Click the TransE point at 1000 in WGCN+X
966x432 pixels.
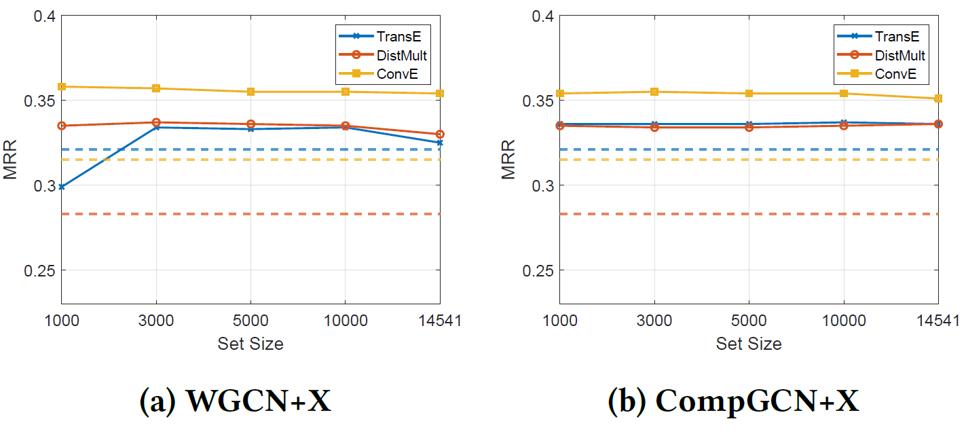(62, 187)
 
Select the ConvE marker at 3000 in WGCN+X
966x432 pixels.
(156, 88)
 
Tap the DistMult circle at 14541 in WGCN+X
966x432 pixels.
(440, 134)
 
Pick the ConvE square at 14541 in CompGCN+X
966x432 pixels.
(938, 98)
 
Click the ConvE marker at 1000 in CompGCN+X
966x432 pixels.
(560, 94)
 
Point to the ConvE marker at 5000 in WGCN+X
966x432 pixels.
(250, 92)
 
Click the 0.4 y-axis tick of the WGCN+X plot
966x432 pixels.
(41, 16)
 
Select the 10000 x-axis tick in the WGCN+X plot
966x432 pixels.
(345, 321)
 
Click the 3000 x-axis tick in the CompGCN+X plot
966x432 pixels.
(654, 321)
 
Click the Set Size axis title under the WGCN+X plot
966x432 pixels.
(250, 344)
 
